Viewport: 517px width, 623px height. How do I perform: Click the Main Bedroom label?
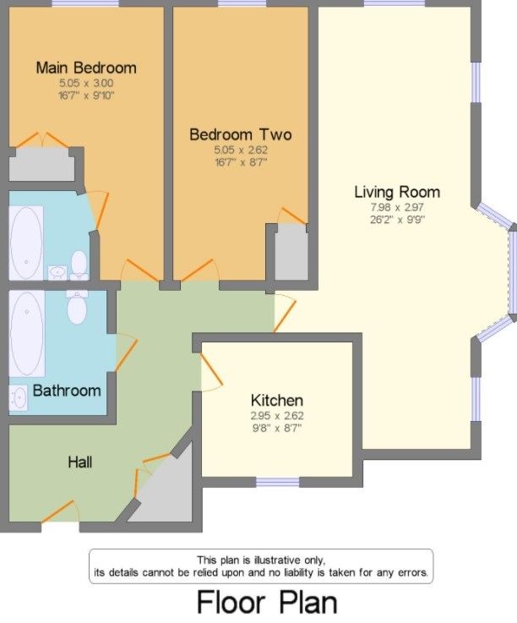[x=85, y=68]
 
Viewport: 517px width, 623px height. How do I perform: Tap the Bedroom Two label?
[x=240, y=134]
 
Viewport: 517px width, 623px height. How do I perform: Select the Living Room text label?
[x=396, y=191]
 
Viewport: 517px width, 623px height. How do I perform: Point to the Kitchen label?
[x=276, y=400]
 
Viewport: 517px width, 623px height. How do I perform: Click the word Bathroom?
[x=66, y=391]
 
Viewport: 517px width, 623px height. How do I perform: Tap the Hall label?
[x=80, y=462]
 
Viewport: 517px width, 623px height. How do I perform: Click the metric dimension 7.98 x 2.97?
[x=396, y=207]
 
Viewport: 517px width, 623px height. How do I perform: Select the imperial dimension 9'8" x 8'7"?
[x=276, y=429]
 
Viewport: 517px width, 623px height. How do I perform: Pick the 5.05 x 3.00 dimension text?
[x=85, y=84]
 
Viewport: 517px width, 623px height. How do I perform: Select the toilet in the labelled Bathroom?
[x=77, y=308]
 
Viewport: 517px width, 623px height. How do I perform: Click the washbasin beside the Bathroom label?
[x=19, y=396]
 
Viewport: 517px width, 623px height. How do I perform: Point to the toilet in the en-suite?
[x=79, y=264]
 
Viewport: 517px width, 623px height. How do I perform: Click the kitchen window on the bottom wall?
[x=277, y=483]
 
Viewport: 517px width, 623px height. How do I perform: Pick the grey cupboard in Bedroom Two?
[x=292, y=252]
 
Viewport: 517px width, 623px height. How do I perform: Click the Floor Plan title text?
[x=266, y=603]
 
